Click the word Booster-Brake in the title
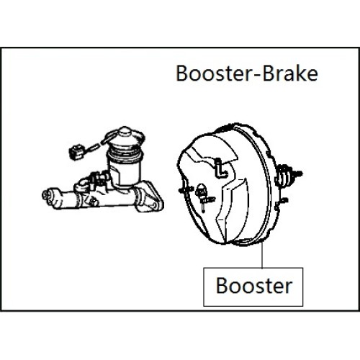point(247,73)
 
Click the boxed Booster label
point(253,287)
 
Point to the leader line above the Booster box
point(262,255)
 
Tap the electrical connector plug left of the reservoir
point(76,151)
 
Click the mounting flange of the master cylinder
point(150,197)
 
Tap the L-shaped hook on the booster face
point(220,169)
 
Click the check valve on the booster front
point(203,196)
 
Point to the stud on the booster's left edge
point(185,189)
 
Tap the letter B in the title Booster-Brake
point(183,73)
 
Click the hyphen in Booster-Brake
point(257,75)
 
